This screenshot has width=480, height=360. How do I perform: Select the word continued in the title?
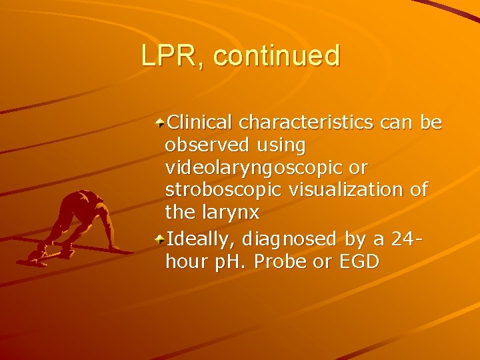click(x=277, y=55)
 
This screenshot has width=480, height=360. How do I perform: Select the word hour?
click(x=187, y=260)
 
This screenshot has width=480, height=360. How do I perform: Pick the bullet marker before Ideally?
click(x=160, y=239)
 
